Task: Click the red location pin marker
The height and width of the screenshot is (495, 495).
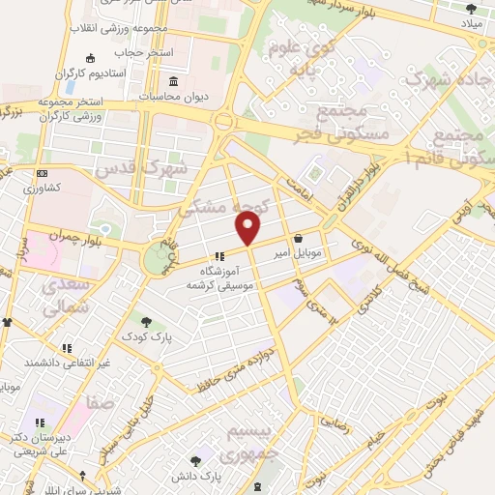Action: point(248,228)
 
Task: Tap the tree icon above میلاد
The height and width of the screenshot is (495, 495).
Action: point(471,9)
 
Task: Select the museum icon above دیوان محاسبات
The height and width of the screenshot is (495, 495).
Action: point(173,80)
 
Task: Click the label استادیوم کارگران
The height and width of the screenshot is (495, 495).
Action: point(92,73)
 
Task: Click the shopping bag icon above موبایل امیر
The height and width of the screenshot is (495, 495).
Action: point(297,238)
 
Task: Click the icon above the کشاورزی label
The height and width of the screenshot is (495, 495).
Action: point(41,173)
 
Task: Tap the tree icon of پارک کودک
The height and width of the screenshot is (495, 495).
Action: point(145,321)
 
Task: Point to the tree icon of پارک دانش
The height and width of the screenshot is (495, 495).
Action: point(197,461)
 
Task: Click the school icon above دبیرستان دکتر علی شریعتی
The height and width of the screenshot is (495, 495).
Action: point(39,422)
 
